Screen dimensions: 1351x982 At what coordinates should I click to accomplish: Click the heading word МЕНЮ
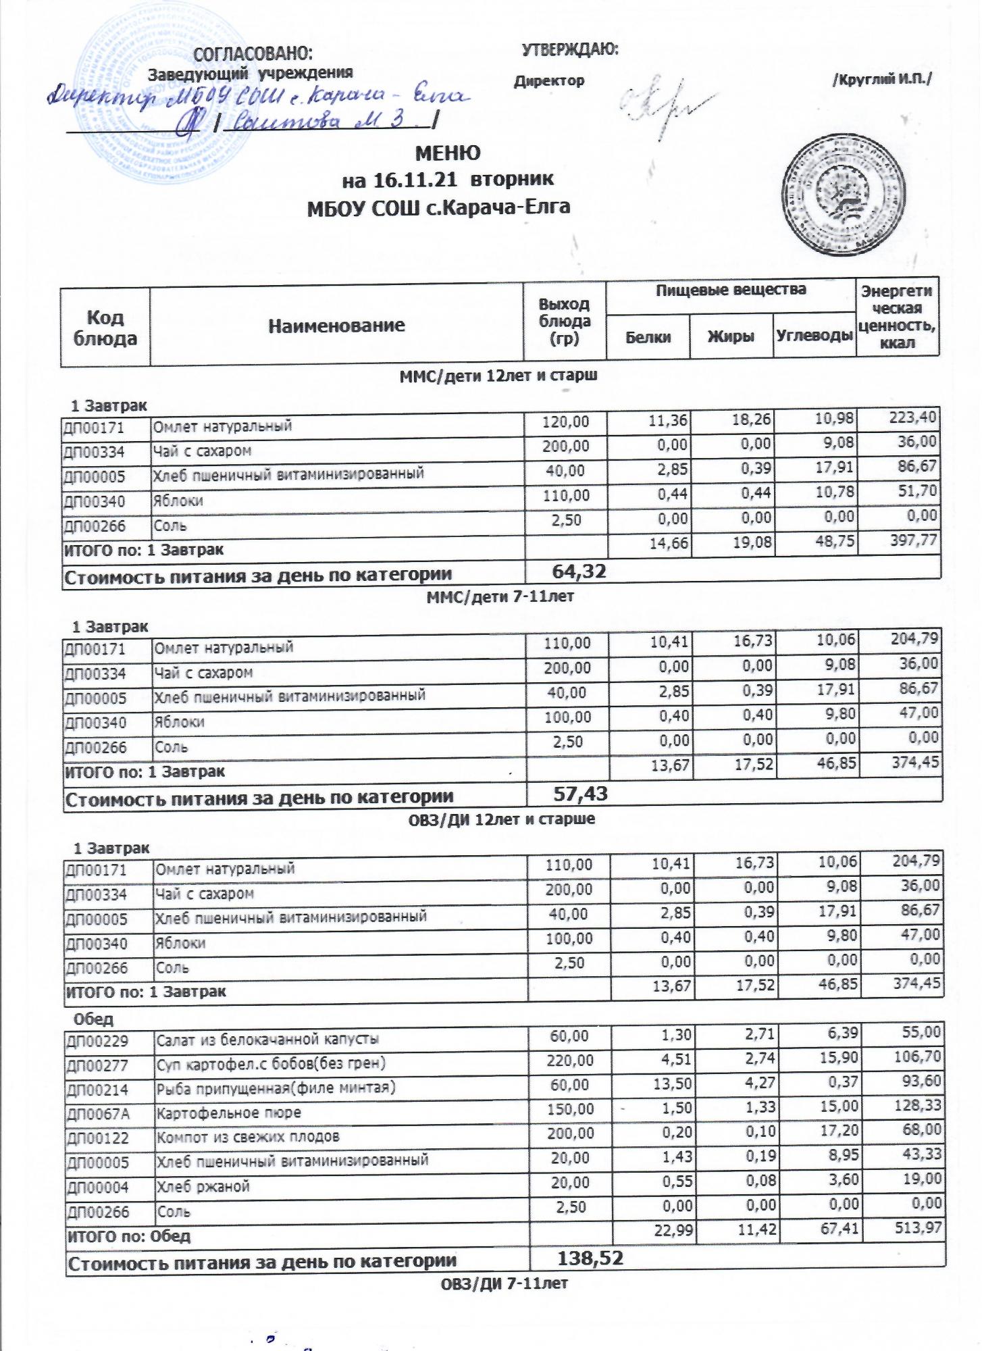pyautogui.click(x=447, y=153)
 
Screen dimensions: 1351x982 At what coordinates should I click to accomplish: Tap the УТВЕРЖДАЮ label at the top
pyautogui.click(x=571, y=49)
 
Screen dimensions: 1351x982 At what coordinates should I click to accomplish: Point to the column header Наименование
pyautogui.click(x=336, y=326)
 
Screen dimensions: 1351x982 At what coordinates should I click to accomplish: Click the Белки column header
pyautogui.click(x=648, y=336)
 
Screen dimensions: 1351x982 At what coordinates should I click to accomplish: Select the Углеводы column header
pyautogui.click(x=814, y=335)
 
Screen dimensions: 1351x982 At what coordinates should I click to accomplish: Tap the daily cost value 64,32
pyautogui.click(x=579, y=571)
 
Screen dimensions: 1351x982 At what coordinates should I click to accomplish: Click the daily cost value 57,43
pyautogui.click(x=580, y=794)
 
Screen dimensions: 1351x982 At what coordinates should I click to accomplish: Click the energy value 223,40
pyautogui.click(x=914, y=418)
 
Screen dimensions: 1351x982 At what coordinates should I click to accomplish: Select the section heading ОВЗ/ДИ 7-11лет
pyautogui.click(x=504, y=1283)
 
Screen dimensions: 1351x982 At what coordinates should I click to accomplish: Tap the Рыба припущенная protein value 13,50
pyautogui.click(x=670, y=1085)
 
